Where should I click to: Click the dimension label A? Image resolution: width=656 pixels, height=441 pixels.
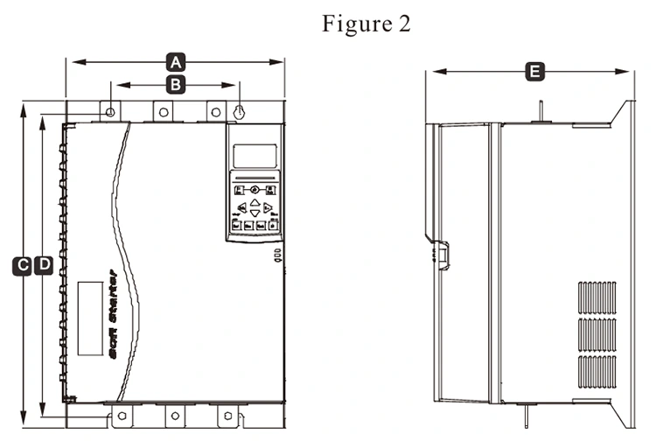[x=176, y=62]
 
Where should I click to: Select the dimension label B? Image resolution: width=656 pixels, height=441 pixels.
[x=176, y=85]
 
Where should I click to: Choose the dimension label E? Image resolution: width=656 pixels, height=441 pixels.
[x=533, y=72]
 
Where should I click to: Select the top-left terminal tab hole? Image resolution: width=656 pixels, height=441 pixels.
[x=111, y=112]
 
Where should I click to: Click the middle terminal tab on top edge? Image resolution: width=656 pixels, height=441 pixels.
[x=164, y=112]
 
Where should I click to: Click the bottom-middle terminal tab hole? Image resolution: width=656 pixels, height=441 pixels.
[x=175, y=415]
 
